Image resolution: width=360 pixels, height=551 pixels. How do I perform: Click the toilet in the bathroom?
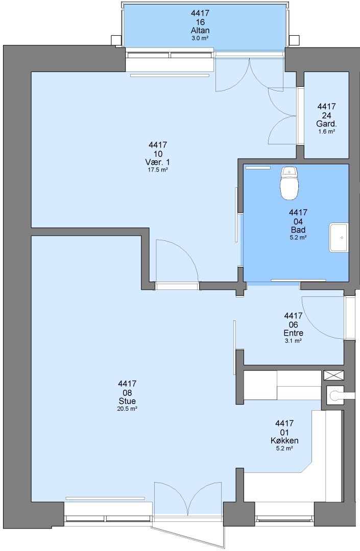[x=290, y=183]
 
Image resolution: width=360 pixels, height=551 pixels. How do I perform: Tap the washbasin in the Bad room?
[x=339, y=238]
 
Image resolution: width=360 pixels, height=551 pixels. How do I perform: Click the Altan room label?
[x=200, y=30]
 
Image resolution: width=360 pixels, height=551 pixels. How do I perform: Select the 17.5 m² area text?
[x=157, y=170]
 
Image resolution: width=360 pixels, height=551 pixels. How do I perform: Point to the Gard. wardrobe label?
[x=327, y=123]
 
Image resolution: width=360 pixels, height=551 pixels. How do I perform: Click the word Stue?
[x=127, y=401]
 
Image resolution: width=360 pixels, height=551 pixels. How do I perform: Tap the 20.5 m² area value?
[x=127, y=409]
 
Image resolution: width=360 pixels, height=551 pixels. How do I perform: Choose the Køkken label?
[x=285, y=441]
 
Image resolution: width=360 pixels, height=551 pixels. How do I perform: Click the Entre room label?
[x=294, y=333]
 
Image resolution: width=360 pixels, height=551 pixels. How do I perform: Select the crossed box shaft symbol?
[x=333, y=375]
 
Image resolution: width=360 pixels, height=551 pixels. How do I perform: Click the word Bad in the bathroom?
[x=298, y=230]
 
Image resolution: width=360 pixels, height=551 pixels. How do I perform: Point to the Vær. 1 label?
[x=157, y=162]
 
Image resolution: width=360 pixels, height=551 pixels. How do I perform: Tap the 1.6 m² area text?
[x=327, y=132]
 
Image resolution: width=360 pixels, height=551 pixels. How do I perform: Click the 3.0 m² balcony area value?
[x=200, y=38]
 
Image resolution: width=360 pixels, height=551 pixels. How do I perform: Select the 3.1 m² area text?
[x=294, y=340]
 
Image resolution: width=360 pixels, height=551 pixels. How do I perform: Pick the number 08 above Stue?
[x=127, y=392]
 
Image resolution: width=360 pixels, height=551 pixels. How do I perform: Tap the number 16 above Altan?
[x=200, y=22]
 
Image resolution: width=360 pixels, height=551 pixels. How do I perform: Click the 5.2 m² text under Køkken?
[x=285, y=448]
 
